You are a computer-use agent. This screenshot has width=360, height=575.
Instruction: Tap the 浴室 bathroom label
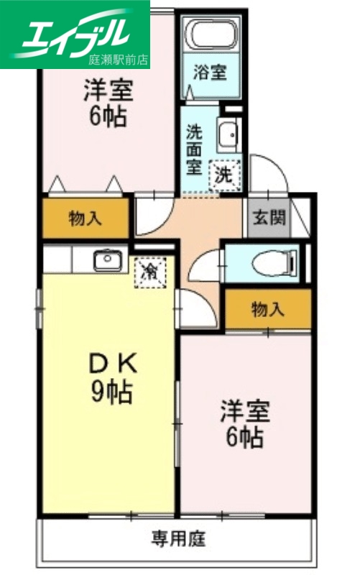(211, 73)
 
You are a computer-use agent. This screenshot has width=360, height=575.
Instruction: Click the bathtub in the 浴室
(211, 33)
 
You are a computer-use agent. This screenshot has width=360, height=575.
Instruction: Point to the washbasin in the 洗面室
(229, 134)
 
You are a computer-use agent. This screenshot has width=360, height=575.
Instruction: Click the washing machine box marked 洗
(225, 173)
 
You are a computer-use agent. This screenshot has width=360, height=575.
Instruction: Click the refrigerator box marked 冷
(150, 272)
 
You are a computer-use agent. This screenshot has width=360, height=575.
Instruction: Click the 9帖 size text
(110, 392)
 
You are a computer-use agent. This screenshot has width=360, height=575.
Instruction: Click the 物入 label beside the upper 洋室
(85, 218)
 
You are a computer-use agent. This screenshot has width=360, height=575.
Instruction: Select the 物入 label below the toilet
(267, 309)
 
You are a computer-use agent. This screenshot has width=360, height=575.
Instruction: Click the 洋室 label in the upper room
(109, 90)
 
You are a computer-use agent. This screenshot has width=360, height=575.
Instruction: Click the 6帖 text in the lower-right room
(245, 436)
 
